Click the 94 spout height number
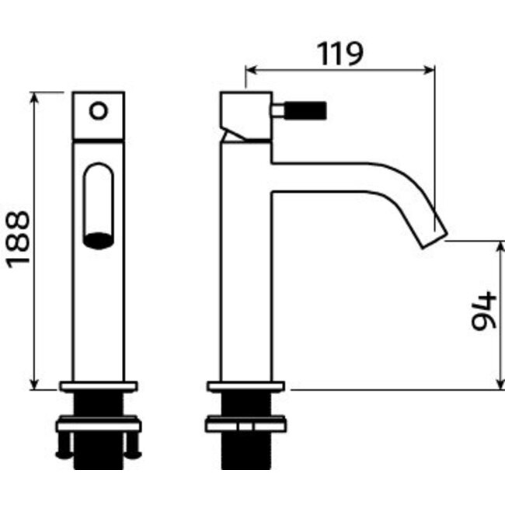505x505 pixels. (x=483, y=311)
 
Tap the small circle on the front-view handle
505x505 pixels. (x=99, y=110)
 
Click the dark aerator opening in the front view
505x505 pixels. (x=99, y=241)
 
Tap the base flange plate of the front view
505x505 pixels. (x=99, y=385)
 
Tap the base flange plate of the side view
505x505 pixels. (x=246, y=385)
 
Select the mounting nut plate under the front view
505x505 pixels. (x=99, y=424)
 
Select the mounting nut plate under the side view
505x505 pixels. (x=246, y=424)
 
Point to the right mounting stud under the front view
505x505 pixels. (x=133, y=444)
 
